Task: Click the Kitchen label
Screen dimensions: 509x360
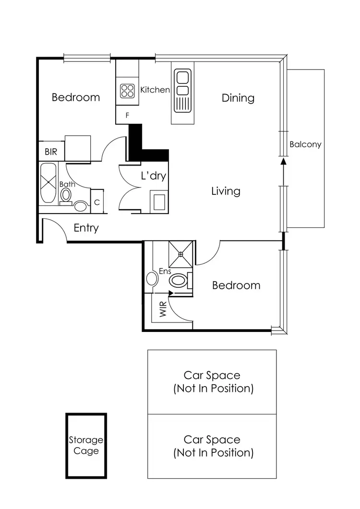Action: click(x=155, y=90)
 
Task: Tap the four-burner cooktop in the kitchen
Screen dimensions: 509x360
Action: click(x=127, y=91)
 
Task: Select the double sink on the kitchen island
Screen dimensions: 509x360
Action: click(x=183, y=83)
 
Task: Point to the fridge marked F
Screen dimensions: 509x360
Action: click(x=127, y=115)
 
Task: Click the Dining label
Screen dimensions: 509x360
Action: click(x=238, y=98)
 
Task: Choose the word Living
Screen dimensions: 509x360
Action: click(x=226, y=191)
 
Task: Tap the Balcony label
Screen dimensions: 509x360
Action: click(x=305, y=144)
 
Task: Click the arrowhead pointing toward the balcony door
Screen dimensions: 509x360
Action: click(x=283, y=162)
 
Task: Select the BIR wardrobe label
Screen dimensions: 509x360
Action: click(x=51, y=152)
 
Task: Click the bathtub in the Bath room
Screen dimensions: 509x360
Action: click(x=48, y=183)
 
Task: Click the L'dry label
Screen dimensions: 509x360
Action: click(x=153, y=176)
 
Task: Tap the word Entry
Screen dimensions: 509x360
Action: click(x=86, y=228)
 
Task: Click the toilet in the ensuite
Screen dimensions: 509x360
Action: click(x=180, y=280)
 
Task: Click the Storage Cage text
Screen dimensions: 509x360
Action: click(x=86, y=445)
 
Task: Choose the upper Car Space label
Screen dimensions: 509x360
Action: click(x=213, y=382)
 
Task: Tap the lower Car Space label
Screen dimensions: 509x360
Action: click(x=213, y=446)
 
